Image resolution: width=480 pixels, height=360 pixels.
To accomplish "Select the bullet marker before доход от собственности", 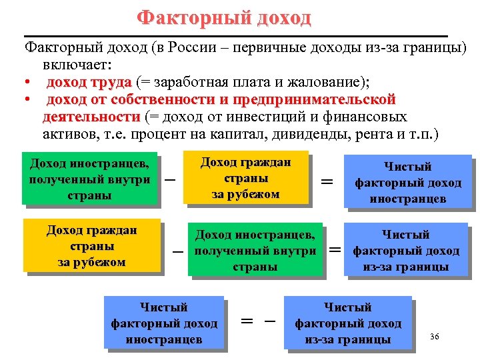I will coord(27,100).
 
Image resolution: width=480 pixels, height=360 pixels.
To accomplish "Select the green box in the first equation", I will coord(89,179).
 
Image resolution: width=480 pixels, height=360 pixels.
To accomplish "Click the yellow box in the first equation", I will coord(246,178).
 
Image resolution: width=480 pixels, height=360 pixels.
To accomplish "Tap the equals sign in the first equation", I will coord(327,181).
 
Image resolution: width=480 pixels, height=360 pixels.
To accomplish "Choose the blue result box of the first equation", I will coord(407,182).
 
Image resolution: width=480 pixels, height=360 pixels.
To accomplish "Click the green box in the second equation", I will coord(255,250).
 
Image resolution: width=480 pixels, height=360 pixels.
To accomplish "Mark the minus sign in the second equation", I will coord(178,251).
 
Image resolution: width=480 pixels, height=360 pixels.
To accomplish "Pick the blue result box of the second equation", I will coord(405,251).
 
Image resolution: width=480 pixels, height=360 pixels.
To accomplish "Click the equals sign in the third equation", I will coord(247,321).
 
